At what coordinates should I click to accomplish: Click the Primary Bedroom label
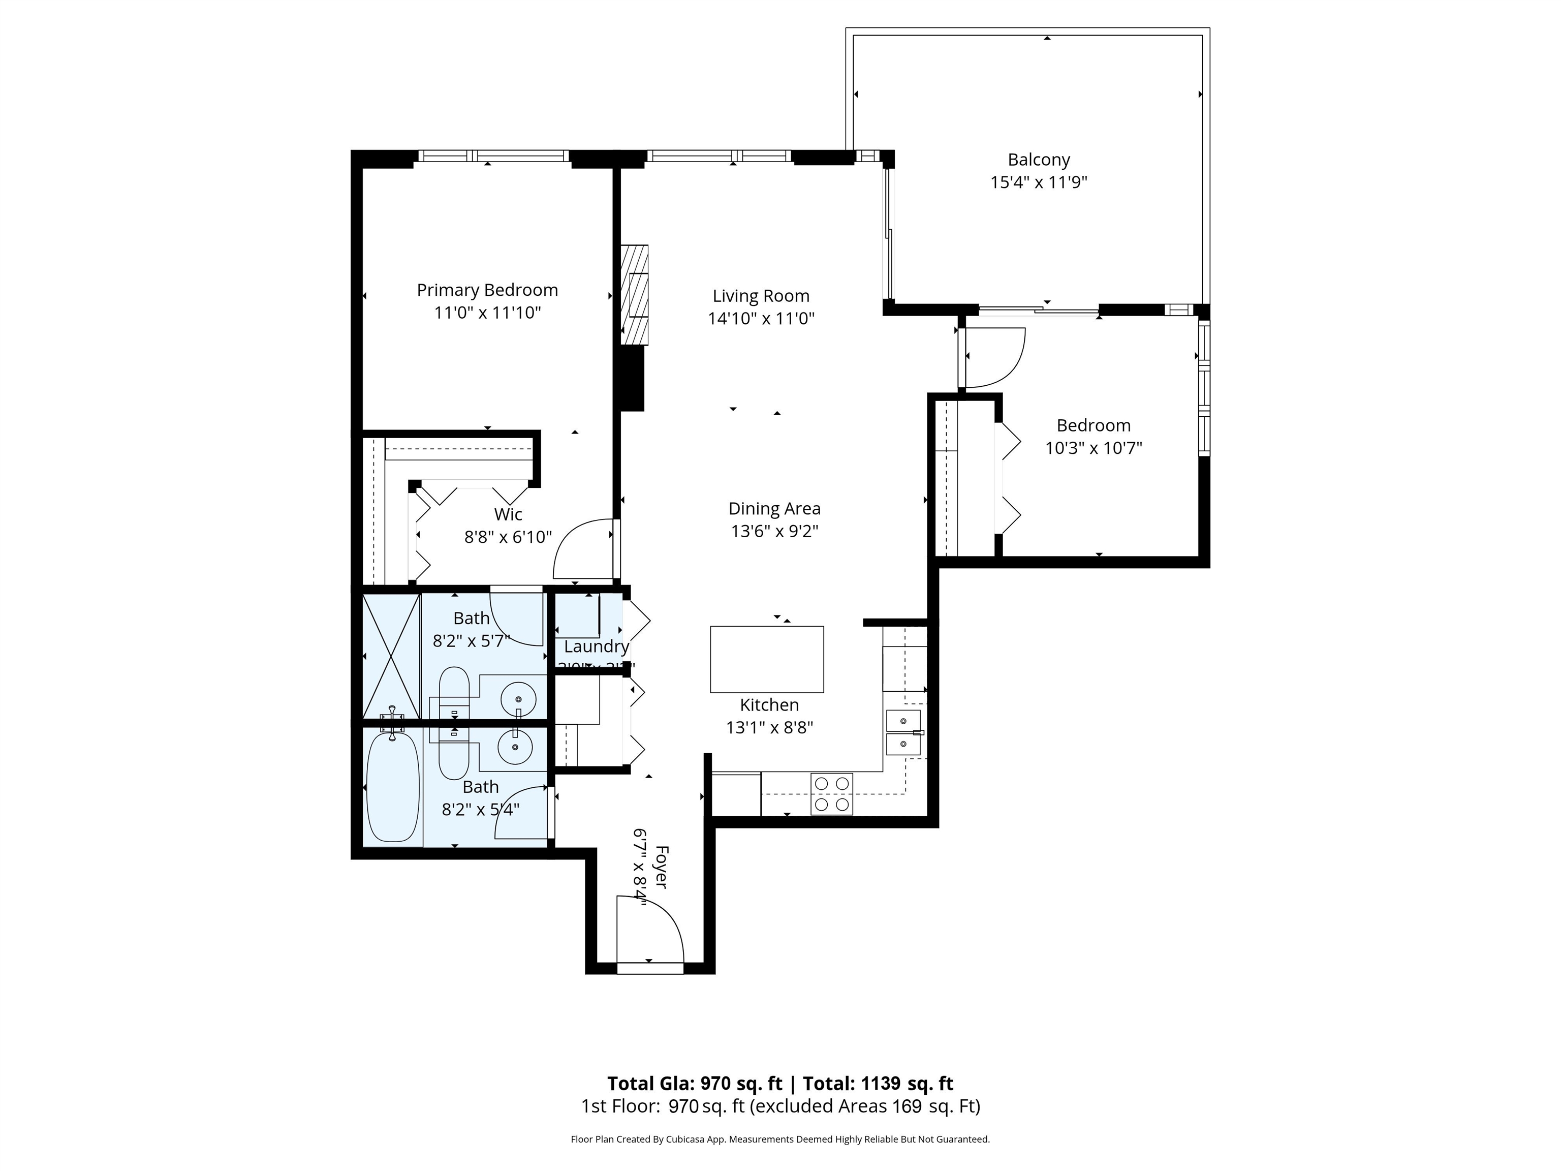pyautogui.click(x=487, y=290)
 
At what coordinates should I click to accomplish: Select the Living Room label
pyautogui.click(x=761, y=296)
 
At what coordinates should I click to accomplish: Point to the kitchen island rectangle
pyautogui.click(x=766, y=659)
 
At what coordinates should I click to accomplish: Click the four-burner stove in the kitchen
pyautogui.click(x=831, y=794)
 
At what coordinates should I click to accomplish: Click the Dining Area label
pyautogui.click(x=774, y=508)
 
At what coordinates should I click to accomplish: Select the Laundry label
pyautogui.click(x=597, y=646)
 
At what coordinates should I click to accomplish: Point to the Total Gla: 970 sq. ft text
pyautogui.click(x=695, y=1084)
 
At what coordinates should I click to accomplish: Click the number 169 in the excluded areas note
pyautogui.click(x=907, y=1106)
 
